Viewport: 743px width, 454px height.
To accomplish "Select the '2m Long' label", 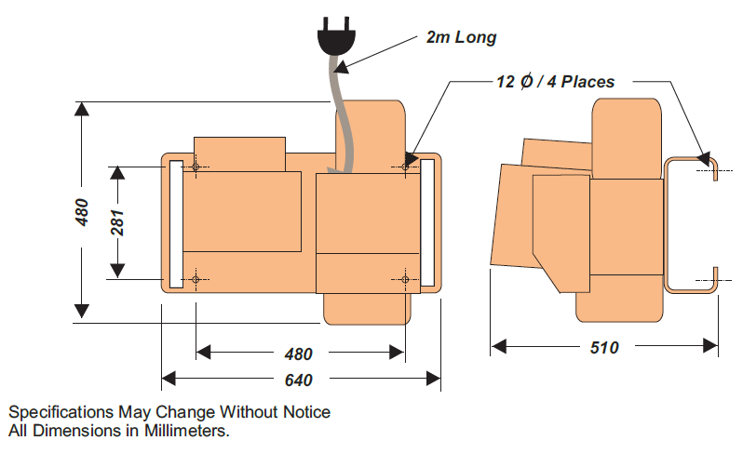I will pos(461,38).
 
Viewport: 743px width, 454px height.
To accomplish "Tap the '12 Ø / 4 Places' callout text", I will pos(555,82).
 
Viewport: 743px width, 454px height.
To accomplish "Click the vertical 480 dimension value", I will pos(82,212).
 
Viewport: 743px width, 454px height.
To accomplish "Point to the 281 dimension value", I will pos(117,222).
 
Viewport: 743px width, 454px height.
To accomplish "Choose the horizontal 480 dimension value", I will pos(298,354).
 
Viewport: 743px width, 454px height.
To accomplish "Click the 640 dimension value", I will pos(298,380).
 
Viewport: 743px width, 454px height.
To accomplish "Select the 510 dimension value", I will pos(604,348).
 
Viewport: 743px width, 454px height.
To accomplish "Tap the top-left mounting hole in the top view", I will pos(196,167).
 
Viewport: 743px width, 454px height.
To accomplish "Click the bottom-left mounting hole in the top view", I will pos(196,279).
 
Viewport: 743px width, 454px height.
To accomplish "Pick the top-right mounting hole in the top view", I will pos(406,167).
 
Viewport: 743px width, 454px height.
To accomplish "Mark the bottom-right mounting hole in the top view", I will pos(406,279).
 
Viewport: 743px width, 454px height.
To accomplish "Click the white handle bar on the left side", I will pos(175,223).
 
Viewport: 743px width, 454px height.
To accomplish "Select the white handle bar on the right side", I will pos(428,223).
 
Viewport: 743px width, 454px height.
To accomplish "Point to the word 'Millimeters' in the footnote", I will pos(185,432).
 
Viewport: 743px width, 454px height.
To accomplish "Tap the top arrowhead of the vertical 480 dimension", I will pos(82,107).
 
